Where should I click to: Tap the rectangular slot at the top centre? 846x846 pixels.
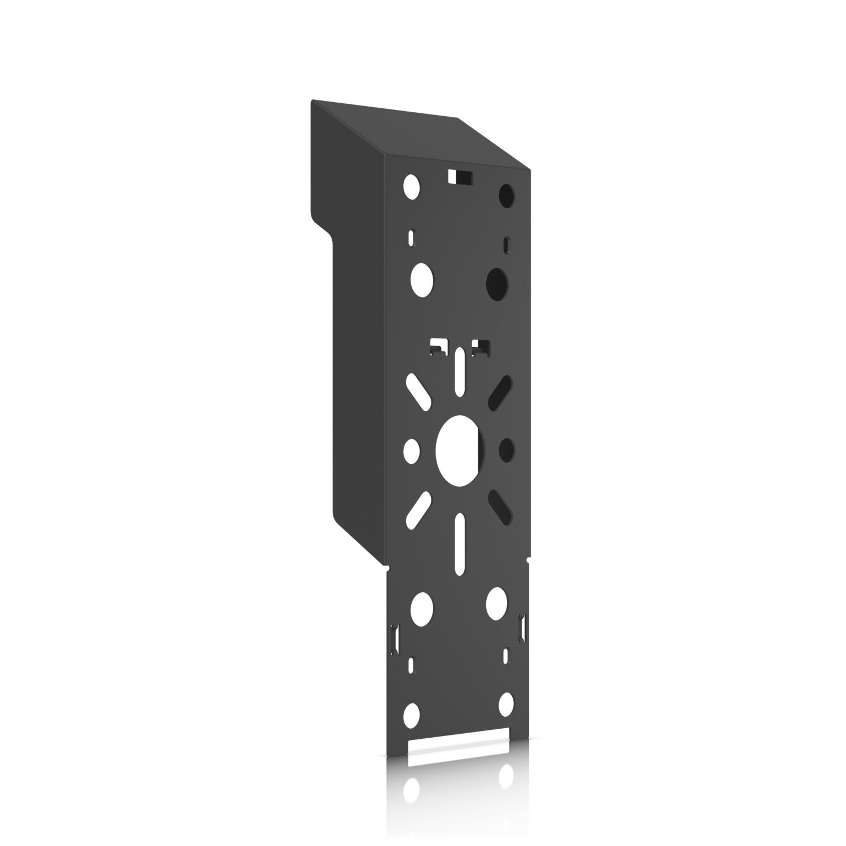click(x=460, y=177)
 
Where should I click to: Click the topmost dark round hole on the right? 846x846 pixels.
click(x=506, y=196)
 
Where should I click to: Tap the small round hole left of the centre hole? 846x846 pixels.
click(x=412, y=450)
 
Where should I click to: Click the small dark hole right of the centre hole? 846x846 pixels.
click(x=506, y=449)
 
